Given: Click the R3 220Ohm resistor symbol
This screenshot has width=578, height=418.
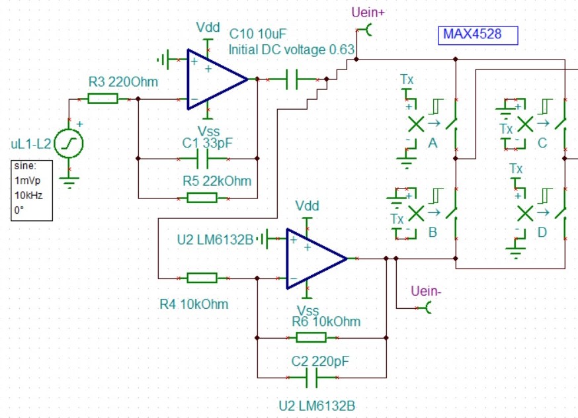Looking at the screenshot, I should click(103, 99).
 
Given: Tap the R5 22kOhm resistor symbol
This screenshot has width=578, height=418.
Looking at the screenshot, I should click(202, 197).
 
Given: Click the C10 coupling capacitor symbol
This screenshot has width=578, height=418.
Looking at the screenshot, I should click(292, 80).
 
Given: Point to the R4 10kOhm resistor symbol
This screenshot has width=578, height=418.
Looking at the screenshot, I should click(202, 278).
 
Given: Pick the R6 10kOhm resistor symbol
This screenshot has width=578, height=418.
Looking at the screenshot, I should click(311, 338).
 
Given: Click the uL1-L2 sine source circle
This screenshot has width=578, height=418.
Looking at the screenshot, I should click(68, 144).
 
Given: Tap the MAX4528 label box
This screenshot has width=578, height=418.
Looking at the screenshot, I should click(477, 35).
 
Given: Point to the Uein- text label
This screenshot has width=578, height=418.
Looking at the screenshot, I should click(426, 291).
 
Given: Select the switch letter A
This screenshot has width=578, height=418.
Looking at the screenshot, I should click(433, 144).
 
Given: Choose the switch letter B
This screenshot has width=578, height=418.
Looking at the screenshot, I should click(433, 232).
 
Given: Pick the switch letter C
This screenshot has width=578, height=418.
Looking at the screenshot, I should click(542, 144).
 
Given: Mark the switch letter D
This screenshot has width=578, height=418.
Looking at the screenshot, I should click(542, 232).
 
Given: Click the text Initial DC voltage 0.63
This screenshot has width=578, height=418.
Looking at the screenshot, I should click(292, 50).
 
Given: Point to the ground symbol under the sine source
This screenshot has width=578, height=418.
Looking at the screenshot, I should click(69, 179).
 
